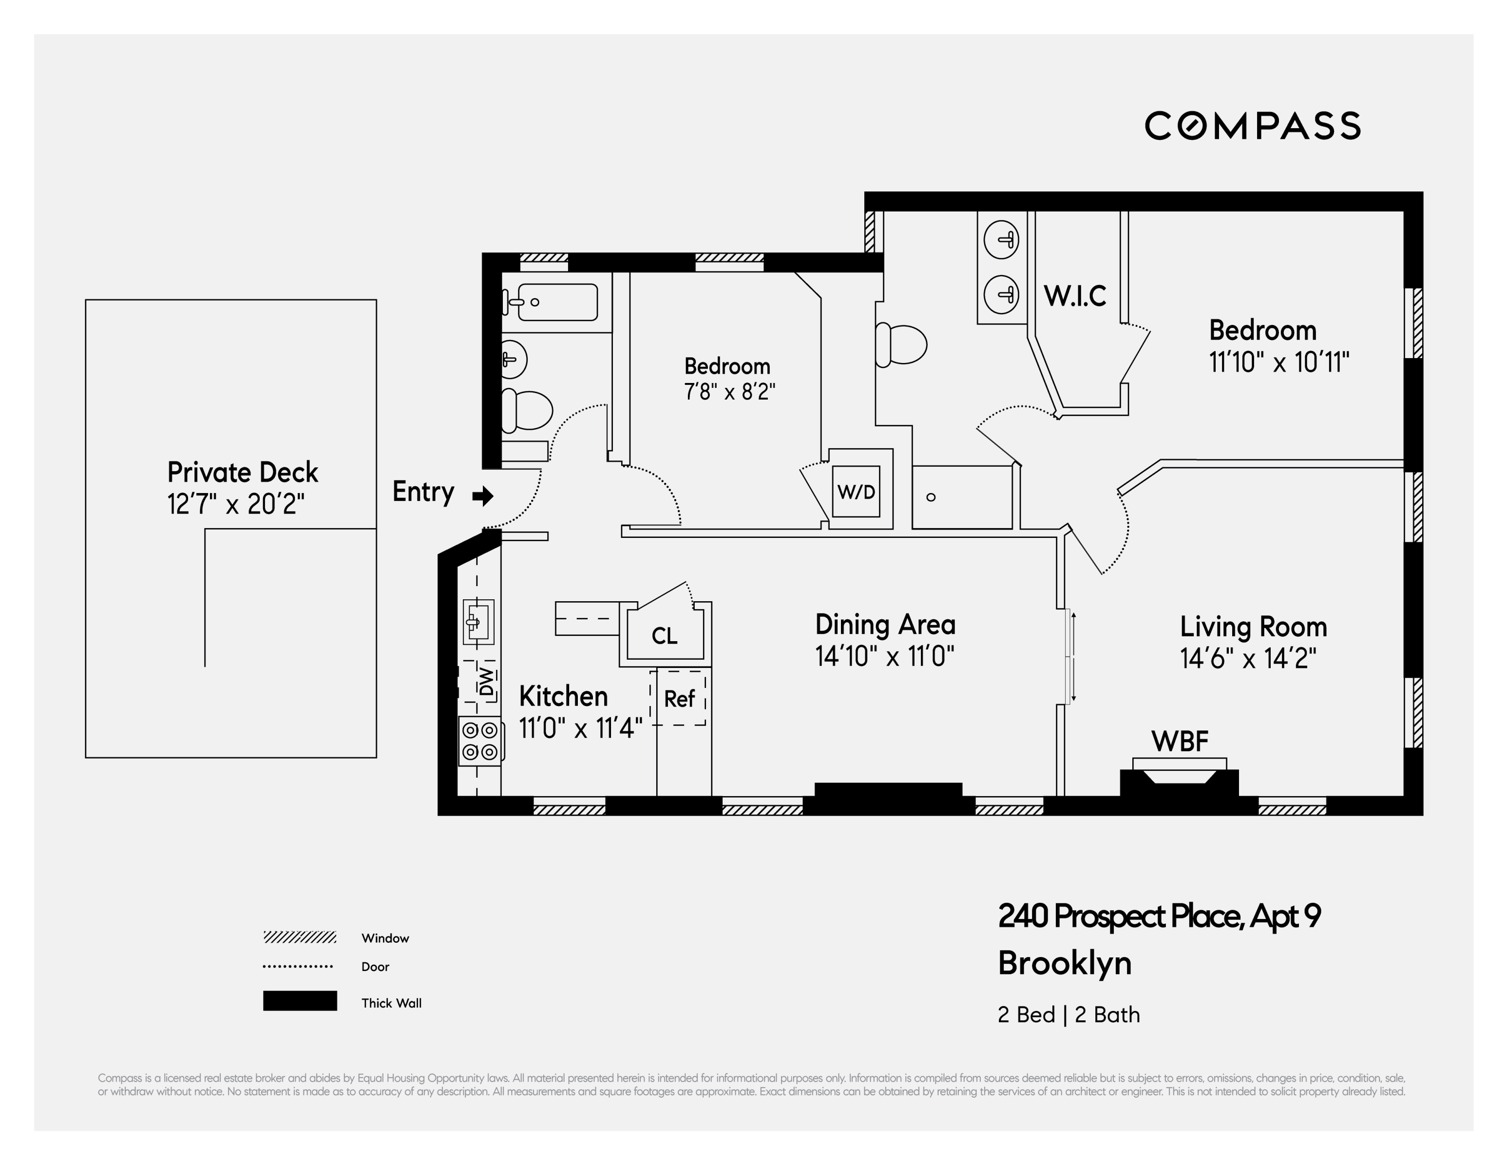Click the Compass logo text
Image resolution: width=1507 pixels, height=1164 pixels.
point(1252,126)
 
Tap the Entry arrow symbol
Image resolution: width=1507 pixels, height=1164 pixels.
point(483,496)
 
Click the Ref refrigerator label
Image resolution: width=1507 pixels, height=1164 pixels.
point(679,699)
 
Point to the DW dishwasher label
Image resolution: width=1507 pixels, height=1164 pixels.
point(486,681)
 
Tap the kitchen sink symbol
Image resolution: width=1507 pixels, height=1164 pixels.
point(478,622)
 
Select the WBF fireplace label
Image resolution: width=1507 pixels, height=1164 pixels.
point(1179,742)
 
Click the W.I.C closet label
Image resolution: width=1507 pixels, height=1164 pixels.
point(1074,296)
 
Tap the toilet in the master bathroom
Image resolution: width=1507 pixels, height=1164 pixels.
point(901,344)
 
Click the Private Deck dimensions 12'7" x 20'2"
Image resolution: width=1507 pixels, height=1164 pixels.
point(235,504)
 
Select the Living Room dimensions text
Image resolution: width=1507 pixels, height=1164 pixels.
point(1248,658)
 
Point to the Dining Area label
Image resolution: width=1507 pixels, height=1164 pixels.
point(885,625)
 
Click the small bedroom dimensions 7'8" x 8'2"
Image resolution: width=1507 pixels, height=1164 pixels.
point(729,392)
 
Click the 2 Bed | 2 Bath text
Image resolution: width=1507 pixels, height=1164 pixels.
point(1068,1015)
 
